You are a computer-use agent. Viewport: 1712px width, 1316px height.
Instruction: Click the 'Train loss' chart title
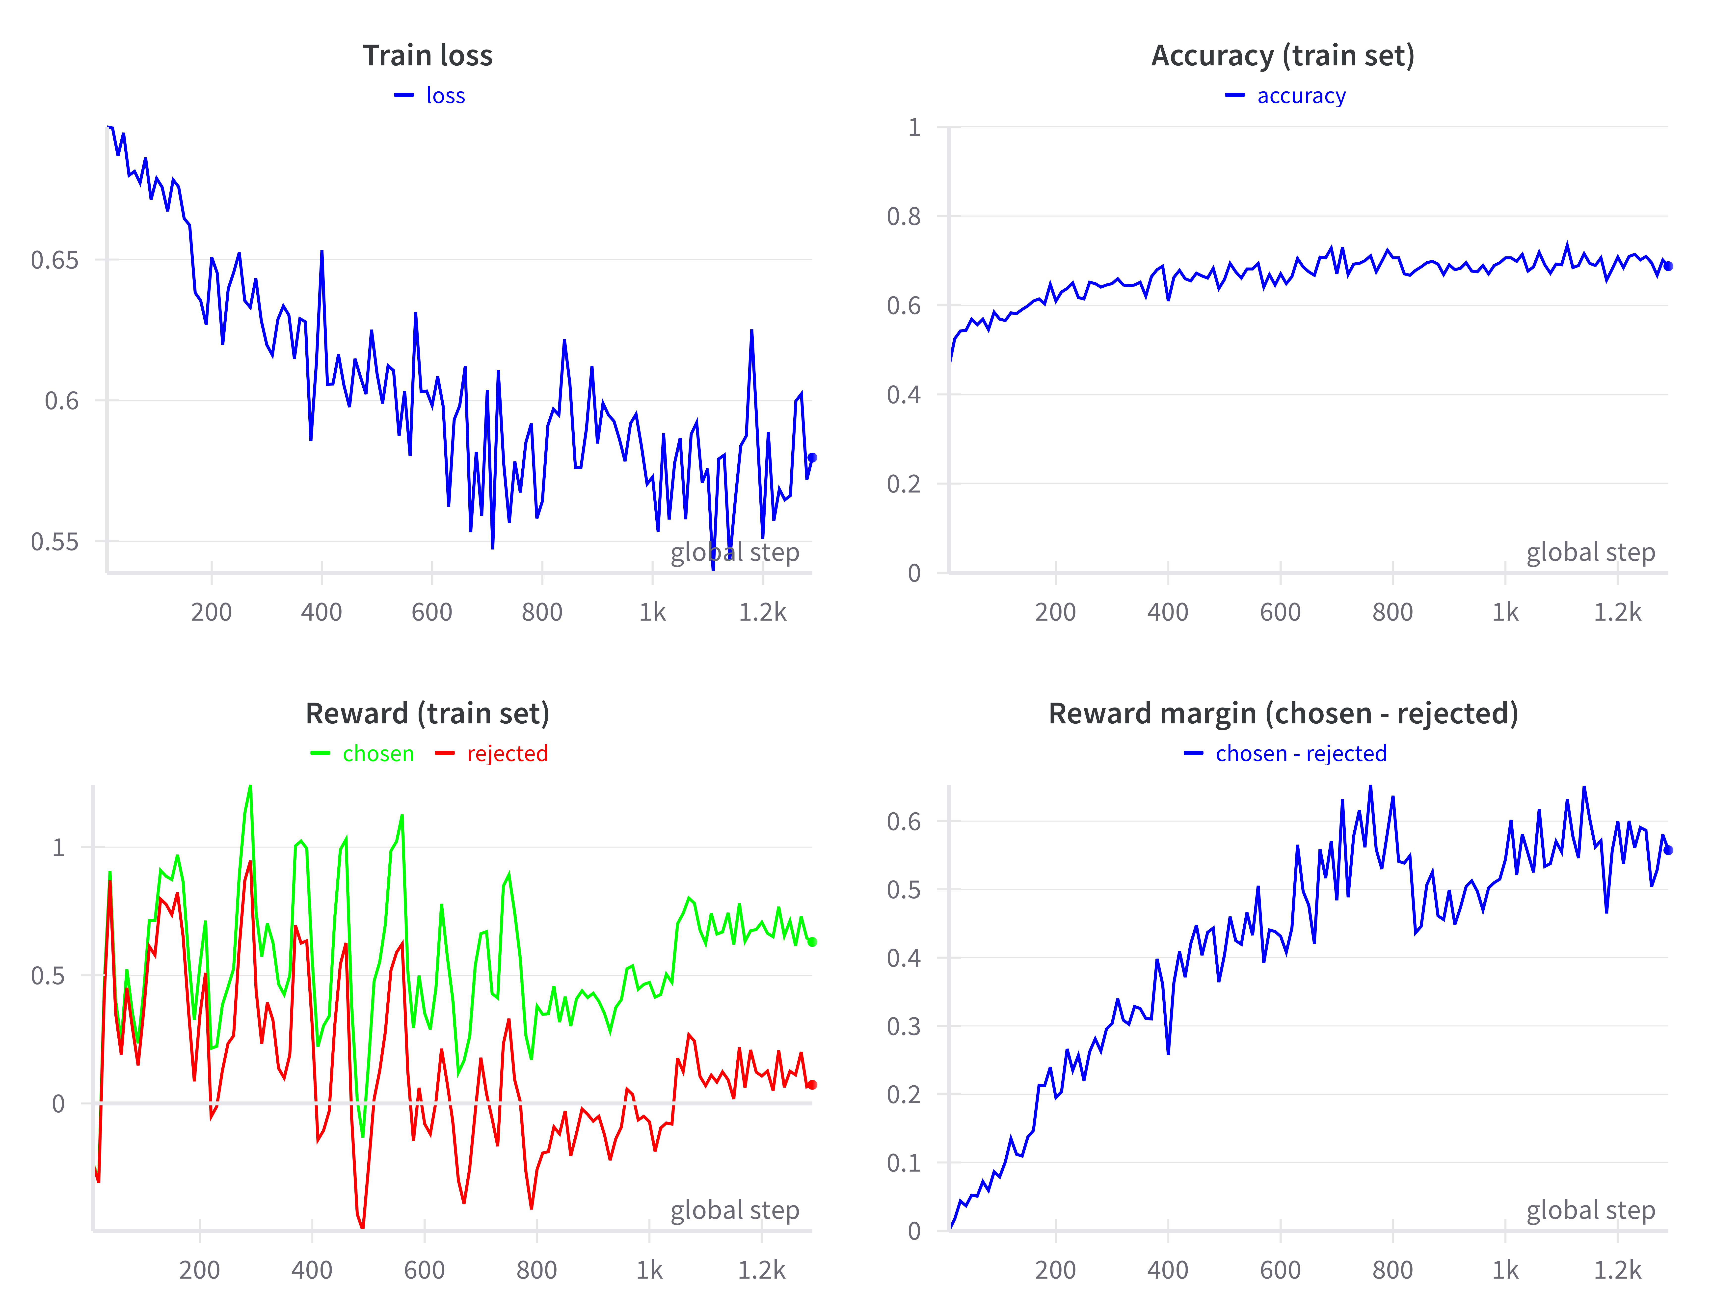(x=428, y=55)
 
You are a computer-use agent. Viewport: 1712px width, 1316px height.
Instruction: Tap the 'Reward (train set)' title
(x=428, y=713)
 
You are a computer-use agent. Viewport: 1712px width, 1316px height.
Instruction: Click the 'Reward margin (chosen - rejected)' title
(x=1283, y=713)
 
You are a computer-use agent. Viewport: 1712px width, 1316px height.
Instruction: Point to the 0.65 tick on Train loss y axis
(x=55, y=260)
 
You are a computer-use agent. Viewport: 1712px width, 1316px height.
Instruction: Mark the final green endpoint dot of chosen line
(x=812, y=942)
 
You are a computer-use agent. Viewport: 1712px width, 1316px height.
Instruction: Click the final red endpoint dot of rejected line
(x=812, y=1085)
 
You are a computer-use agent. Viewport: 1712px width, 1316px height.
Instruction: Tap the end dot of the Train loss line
(x=812, y=458)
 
